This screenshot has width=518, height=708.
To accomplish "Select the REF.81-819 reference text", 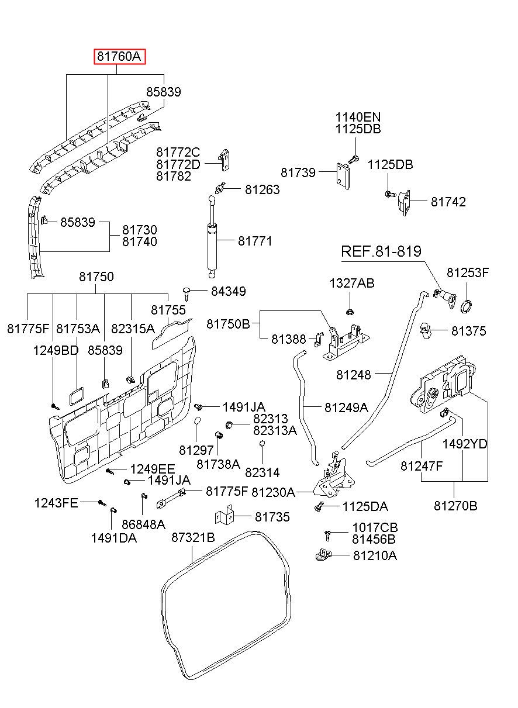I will pos(381,252).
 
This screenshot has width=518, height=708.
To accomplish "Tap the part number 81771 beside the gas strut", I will pos(255,241).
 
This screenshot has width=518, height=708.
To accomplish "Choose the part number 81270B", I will pos(455,506).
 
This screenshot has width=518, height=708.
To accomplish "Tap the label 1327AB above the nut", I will pos(351,284).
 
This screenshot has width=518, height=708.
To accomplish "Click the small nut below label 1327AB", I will pos(349,310).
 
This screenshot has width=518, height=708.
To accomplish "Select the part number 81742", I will pos(448,202).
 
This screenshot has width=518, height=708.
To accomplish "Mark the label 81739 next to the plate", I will pos(298,172).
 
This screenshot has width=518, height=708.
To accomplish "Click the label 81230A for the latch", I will pos(273,492).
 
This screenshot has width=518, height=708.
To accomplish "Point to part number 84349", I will pos(229,291).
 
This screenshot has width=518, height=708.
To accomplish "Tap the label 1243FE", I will pos(56,502).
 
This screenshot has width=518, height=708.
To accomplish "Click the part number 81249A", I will pos(346,407).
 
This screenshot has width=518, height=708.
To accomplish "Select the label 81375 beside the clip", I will pos(468,331).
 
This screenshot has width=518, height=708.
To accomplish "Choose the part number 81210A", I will pos(375,555).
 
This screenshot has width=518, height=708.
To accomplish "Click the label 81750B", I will pos(228,324).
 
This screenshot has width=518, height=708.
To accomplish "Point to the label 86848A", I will pos(143,524).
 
